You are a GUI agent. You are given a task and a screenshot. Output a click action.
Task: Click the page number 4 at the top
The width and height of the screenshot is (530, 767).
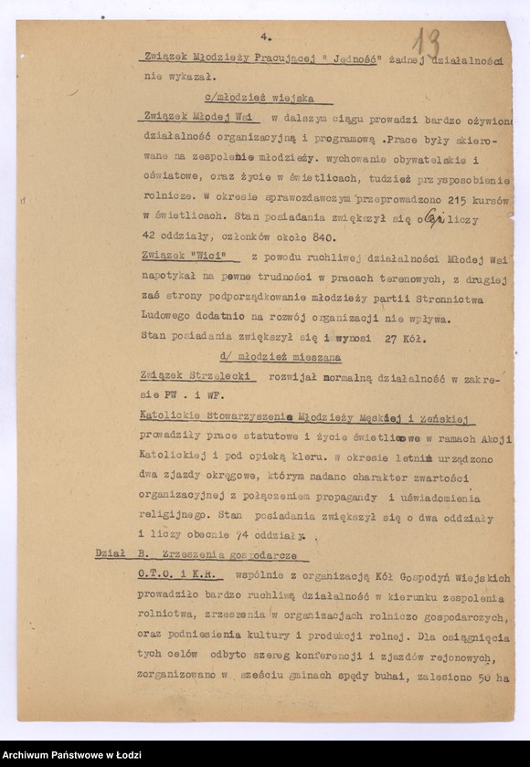pyautogui.click(x=264, y=37)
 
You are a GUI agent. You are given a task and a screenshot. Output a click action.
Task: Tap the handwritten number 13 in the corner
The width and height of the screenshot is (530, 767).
pyautogui.click(x=425, y=43)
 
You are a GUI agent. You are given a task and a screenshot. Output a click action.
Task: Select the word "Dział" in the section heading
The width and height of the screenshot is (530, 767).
pyautogui.click(x=111, y=556)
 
